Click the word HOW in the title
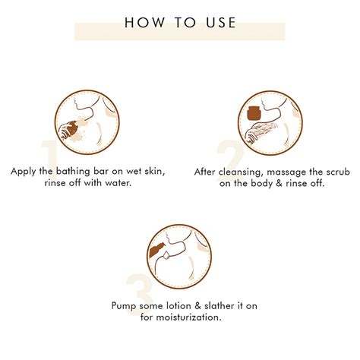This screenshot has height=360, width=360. coord(144,22)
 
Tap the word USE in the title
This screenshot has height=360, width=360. coord(221,22)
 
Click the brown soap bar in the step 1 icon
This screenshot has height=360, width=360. coord(73,128)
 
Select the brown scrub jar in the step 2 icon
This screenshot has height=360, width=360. coord(254,113)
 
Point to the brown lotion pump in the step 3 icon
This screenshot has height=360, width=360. coord(156,251)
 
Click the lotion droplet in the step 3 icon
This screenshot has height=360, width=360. coord(166,256)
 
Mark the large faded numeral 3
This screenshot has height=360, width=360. coord(140,294)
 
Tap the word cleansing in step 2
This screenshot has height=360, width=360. coord(239,172)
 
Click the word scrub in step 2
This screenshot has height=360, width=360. coord(338,172)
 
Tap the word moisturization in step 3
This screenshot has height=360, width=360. coord(188,317)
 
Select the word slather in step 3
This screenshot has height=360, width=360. coord(219,306)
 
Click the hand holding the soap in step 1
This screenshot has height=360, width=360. coord(66,130)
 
